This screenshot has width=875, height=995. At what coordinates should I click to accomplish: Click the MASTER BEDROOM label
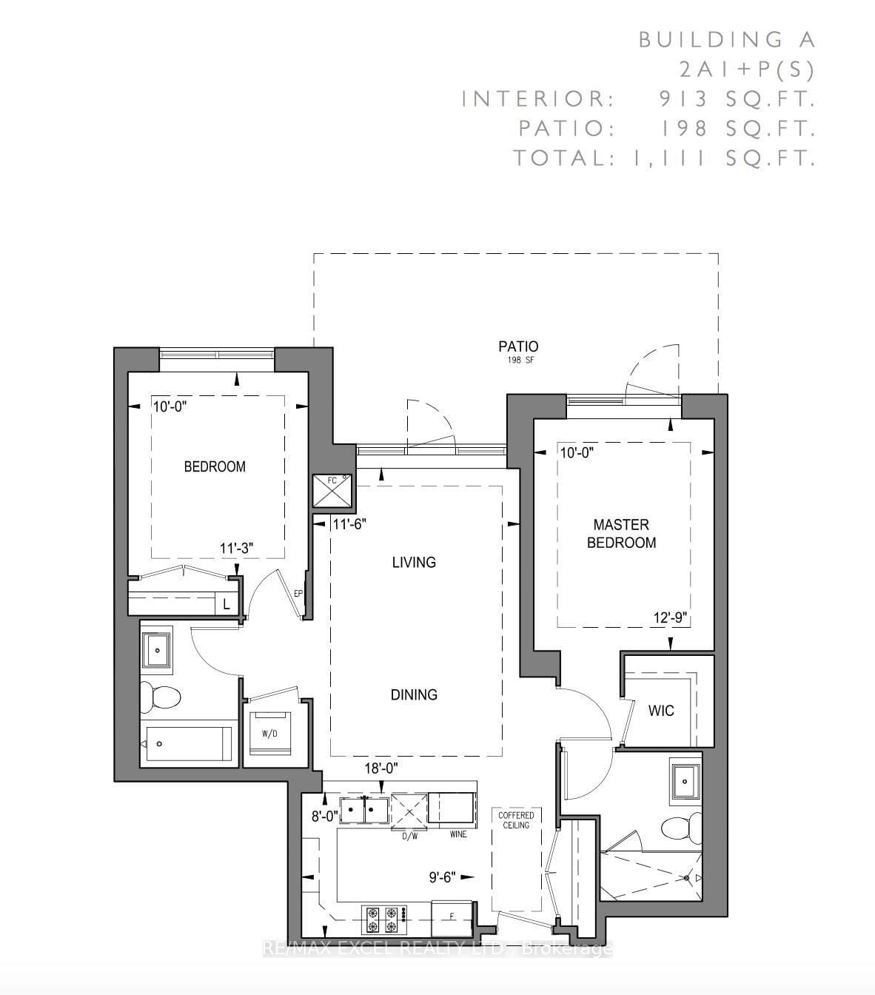[x=621, y=533]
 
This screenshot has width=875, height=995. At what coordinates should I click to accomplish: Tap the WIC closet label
[x=661, y=710]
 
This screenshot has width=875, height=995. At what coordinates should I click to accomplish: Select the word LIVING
[x=414, y=562]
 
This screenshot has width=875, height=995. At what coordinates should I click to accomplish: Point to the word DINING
[x=414, y=694]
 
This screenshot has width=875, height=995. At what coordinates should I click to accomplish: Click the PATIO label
[x=518, y=346]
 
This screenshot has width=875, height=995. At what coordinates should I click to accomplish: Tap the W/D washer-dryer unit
[x=269, y=734]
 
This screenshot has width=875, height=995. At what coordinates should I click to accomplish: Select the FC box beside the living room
[x=332, y=491]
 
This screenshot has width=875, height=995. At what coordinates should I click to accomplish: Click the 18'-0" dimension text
[x=381, y=768]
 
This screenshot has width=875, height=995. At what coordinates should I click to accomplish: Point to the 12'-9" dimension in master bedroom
[x=670, y=617]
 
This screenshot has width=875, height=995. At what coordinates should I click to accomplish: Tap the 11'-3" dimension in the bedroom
[x=237, y=548]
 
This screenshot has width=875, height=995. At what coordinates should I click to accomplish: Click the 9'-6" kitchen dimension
[x=443, y=877]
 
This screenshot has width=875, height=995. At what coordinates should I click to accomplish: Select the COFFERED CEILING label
[x=516, y=820]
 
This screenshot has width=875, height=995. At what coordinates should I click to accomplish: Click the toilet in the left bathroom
[x=160, y=697]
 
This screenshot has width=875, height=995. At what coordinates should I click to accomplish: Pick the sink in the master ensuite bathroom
[x=685, y=781]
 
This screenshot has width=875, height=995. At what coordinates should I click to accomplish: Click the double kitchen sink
[x=364, y=811]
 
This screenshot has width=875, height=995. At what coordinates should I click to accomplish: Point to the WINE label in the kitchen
[x=458, y=834]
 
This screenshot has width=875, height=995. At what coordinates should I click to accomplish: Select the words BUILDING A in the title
[x=727, y=40]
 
